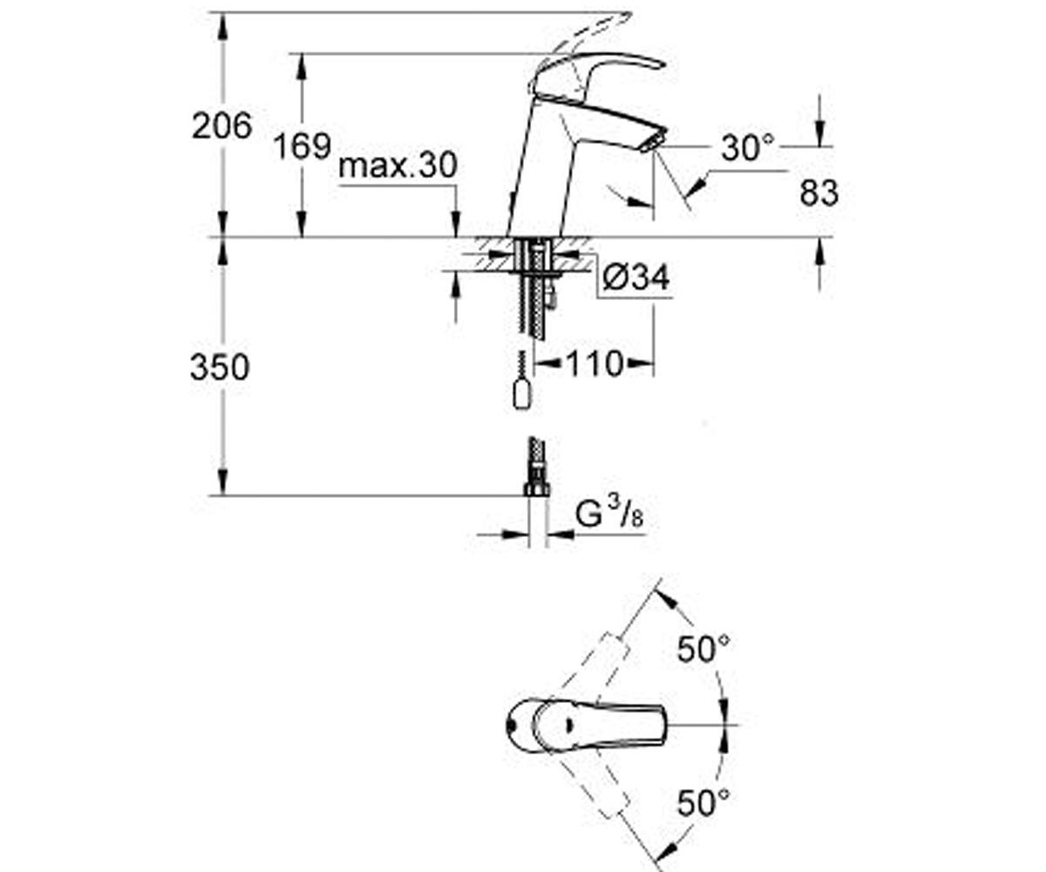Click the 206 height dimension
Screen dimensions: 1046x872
pyautogui.click(x=222, y=126)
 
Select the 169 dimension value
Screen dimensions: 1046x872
pyautogui.click(x=302, y=146)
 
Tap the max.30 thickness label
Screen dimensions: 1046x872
pyautogui.click(x=397, y=166)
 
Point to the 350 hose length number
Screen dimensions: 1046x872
pyautogui.click(x=220, y=367)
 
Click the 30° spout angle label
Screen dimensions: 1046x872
pyautogui.click(x=747, y=148)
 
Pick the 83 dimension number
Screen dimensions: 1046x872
pyautogui.click(x=819, y=193)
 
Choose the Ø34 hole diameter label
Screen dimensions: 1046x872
pyautogui.click(x=635, y=277)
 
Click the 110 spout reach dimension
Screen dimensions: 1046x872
pyautogui.click(x=594, y=364)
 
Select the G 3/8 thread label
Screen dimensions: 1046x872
pyautogui.click(x=609, y=514)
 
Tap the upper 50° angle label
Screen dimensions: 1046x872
pyautogui.click(x=703, y=649)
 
